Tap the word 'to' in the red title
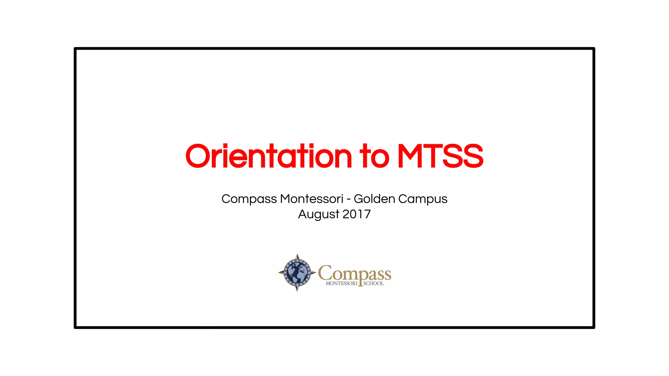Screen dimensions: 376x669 [x=374, y=157]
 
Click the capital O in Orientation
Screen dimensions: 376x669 [x=198, y=157]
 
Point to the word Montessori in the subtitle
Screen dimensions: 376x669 [x=312, y=199]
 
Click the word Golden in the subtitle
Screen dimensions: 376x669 [x=374, y=199]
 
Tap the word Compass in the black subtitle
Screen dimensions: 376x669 [x=249, y=199]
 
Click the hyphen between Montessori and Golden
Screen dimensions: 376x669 [x=349, y=199]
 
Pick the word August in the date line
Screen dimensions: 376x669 [x=319, y=214]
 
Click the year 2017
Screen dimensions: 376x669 [x=357, y=214]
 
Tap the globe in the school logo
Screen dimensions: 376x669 [x=297, y=273]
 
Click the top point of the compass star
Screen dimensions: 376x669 [x=297, y=255]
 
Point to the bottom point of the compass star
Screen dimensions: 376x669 [x=297, y=290]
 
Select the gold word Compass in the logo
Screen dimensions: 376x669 [x=354, y=274]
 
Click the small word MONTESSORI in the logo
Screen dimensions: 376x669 [x=341, y=283]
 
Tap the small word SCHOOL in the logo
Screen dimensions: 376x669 [x=374, y=283]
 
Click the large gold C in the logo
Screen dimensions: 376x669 [x=325, y=273]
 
